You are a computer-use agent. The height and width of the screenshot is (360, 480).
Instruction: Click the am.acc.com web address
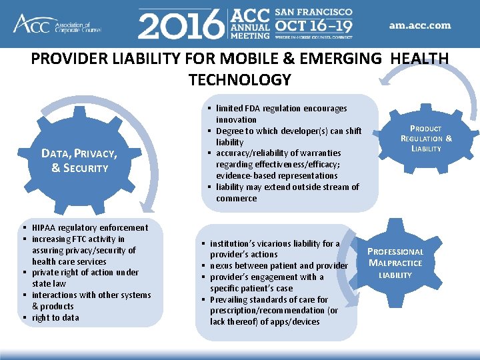point(420,26)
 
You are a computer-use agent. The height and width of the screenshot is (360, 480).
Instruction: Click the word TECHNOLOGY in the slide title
point(240,80)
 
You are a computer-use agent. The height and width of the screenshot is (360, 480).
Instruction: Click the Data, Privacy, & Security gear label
point(79,161)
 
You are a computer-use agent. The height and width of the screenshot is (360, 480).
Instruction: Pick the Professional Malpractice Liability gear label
point(396,263)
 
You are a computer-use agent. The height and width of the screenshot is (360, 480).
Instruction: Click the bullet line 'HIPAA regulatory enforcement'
point(90,227)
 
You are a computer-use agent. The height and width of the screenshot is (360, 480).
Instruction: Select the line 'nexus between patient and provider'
point(279,265)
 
